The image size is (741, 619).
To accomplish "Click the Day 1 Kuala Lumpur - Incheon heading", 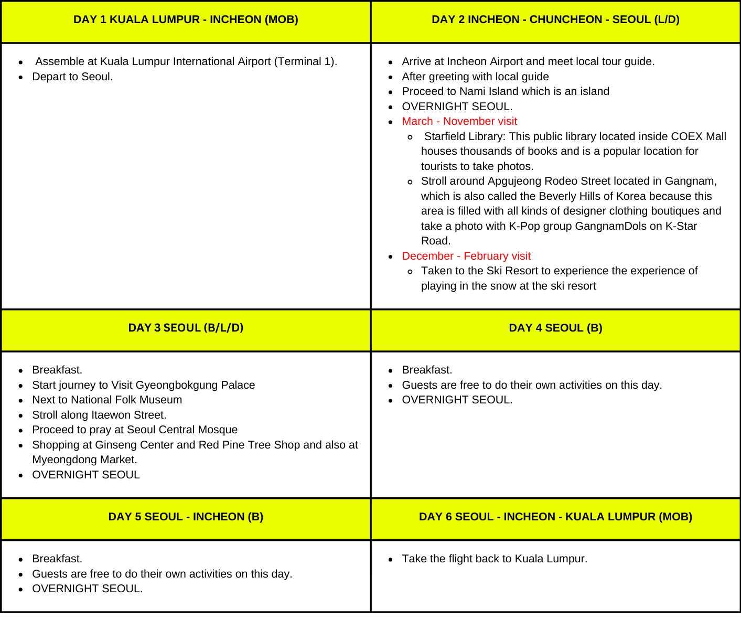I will point(186,20).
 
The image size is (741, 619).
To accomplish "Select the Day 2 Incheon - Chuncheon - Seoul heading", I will point(555,20).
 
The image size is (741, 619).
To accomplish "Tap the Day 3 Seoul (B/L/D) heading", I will point(186,328).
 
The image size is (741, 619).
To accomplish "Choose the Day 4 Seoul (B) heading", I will point(555,328).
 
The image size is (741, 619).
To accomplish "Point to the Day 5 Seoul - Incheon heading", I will point(186,517).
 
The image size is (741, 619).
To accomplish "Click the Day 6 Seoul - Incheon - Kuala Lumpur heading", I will point(555,517).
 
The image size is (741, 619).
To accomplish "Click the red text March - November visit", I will point(459,122).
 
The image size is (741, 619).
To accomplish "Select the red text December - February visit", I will point(466,257).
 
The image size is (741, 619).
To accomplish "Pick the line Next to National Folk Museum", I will point(107,400).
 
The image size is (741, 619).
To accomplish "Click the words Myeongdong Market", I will point(84,460).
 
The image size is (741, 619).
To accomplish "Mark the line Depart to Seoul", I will point(72,77).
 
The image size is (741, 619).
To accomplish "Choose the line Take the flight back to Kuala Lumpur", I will point(495,559).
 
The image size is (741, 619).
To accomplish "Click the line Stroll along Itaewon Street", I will point(99,415).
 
